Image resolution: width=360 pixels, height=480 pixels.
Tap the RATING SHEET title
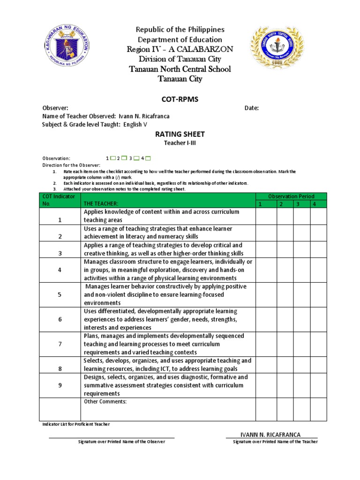(180, 134)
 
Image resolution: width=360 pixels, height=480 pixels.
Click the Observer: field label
(55, 108)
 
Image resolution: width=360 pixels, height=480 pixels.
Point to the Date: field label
(252, 108)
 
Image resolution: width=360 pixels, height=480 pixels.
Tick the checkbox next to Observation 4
(154, 158)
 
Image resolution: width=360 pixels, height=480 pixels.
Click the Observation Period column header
(291, 196)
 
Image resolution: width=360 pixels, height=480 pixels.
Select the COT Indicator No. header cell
(59, 200)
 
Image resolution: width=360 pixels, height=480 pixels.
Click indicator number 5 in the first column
(60, 295)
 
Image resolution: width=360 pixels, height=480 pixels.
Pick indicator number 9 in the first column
(60, 385)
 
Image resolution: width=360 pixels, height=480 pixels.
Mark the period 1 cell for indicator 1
(266, 216)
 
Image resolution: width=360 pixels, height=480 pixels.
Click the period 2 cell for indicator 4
(285, 270)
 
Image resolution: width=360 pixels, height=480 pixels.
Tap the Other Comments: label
(105, 402)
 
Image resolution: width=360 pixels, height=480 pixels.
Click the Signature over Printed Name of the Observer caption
(112, 442)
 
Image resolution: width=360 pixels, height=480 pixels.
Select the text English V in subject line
(135, 124)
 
